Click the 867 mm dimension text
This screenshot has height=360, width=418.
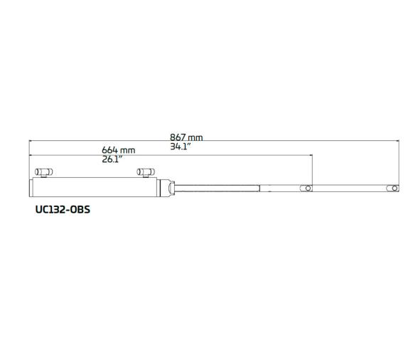(186, 137)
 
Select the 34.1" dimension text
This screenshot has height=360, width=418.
(181, 147)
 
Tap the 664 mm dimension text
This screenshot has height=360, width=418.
(118, 150)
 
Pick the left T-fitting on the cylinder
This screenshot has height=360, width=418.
(44, 173)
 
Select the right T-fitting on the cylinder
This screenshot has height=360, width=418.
(146, 173)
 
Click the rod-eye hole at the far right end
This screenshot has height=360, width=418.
(393, 188)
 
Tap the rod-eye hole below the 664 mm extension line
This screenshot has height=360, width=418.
(307, 188)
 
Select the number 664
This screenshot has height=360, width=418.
(109, 150)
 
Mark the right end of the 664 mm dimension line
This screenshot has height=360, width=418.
(312, 155)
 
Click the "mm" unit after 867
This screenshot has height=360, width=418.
(196, 137)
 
